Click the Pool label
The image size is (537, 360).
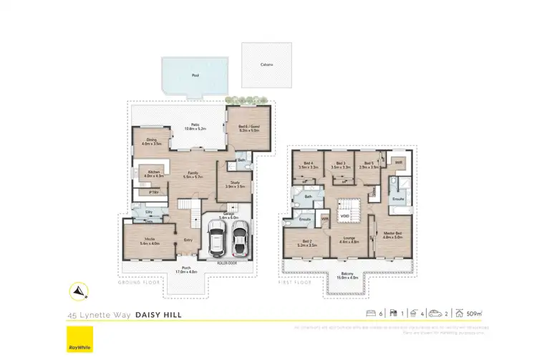(194, 74)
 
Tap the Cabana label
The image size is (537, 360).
(266, 64)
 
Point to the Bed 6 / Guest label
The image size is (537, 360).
(248, 128)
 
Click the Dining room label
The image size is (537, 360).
(152, 141)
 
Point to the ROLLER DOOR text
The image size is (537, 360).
(227, 263)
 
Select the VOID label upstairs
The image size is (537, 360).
(344, 215)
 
